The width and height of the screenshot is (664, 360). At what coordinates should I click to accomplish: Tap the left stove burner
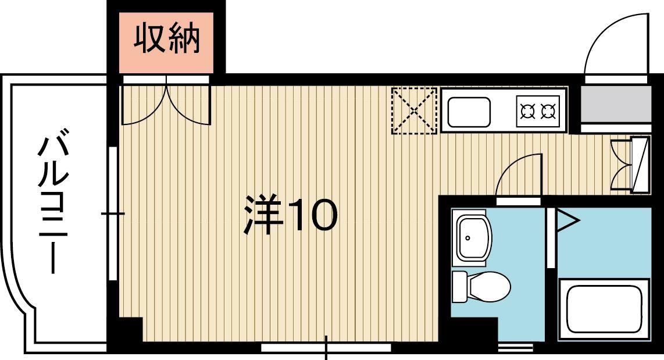(527, 110)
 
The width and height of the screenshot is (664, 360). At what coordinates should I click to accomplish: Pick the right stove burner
(548, 110)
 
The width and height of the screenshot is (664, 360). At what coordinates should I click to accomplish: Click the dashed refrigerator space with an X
(414, 110)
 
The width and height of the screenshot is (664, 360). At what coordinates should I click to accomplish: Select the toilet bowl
(488, 286)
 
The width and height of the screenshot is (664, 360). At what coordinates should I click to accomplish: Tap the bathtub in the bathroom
(604, 309)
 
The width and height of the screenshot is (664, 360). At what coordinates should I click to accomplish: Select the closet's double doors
(166, 105)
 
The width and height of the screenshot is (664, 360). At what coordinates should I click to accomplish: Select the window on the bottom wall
(326, 347)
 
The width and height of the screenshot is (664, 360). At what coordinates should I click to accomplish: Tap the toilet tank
(459, 286)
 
